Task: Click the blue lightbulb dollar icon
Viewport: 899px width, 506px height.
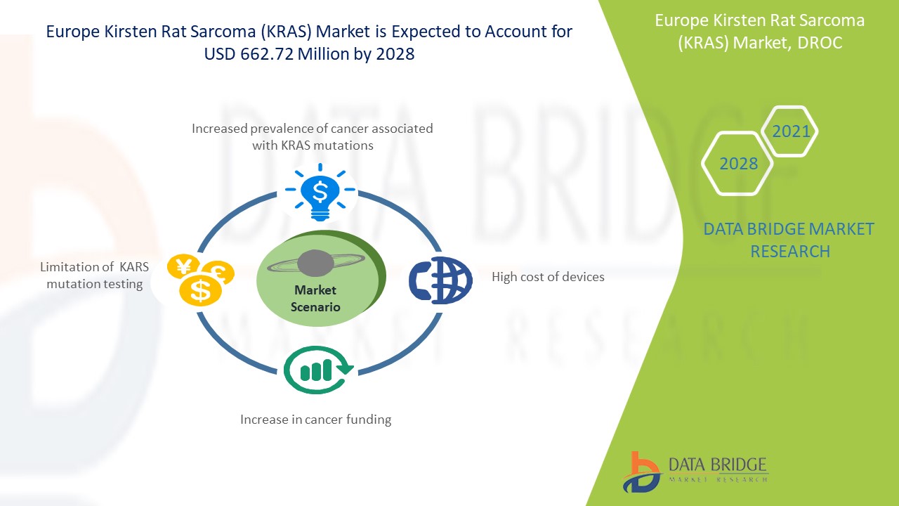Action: [x=320, y=192]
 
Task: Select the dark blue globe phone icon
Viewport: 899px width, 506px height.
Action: [x=440, y=280]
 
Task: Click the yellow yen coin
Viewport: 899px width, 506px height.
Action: [x=183, y=266]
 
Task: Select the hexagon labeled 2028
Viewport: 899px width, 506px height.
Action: [x=737, y=164]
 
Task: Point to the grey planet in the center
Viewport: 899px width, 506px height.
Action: [x=315, y=263]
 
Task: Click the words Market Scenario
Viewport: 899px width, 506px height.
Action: [x=315, y=299]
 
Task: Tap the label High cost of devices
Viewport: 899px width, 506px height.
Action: [x=548, y=277]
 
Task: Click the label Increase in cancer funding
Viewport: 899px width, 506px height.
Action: [x=316, y=420]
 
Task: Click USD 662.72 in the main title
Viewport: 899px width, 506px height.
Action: [x=249, y=54]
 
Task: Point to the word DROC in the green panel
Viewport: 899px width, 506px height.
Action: [x=820, y=43]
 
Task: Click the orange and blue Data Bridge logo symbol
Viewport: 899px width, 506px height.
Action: [x=641, y=472]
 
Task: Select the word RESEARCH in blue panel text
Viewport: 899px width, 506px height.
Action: [x=790, y=252]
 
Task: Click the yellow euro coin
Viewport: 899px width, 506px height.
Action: [x=220, y=271]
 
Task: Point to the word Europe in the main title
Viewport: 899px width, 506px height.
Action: [x=73, y=32]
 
